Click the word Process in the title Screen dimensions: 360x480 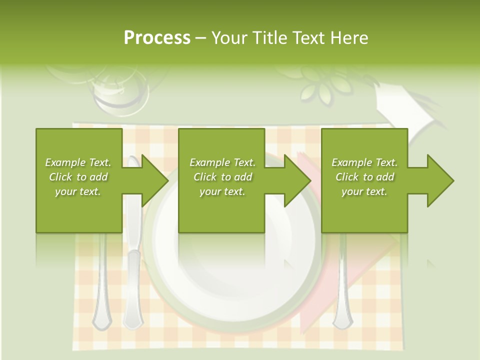pos(157,38)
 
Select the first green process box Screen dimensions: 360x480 pos(79,210)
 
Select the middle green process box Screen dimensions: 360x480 pos(221,210)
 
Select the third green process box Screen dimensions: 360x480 pos(364,210)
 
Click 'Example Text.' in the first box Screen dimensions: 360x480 pos(78,162)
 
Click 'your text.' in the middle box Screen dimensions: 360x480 pos(222,191)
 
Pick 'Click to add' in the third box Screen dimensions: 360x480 pos(364,177)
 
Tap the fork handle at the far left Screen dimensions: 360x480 pos(102,295)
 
